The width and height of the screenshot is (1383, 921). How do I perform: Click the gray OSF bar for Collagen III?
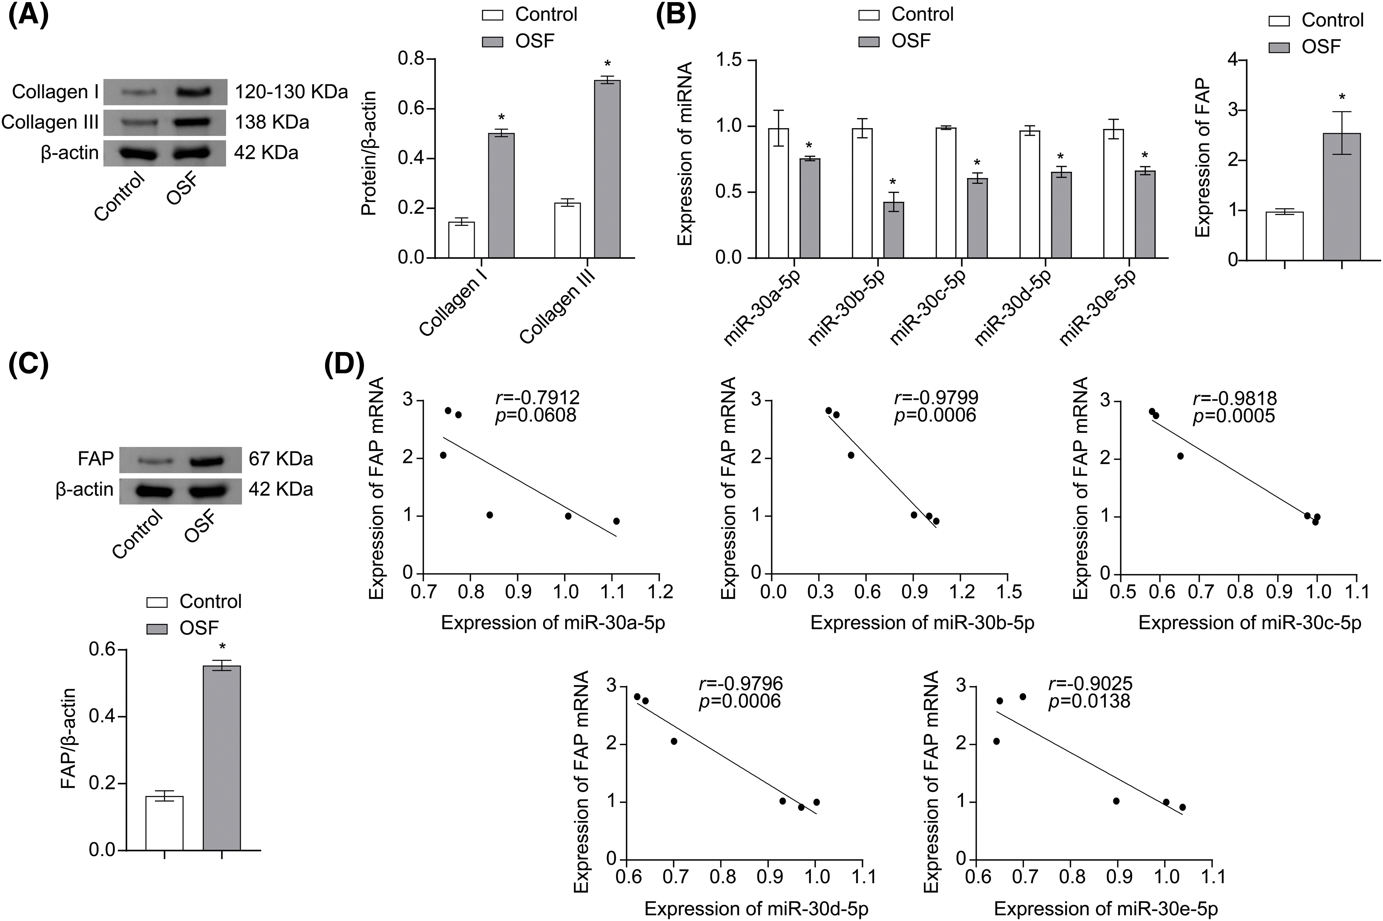pyautogui.click(x=607, y=169)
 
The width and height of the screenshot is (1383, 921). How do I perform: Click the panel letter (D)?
pyautogui.click(x=344, y=364)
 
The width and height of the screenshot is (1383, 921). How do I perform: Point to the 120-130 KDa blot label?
pyautogui.click(x=291, y=92)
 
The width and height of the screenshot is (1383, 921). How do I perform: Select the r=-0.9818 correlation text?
pyautogui.click(x=1234, y=399)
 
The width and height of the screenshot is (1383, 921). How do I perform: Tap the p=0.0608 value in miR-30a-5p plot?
pyautogui.click(x=536, y=415)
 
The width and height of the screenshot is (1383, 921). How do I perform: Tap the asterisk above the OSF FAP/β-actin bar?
pyautogui.click(x=222, y=647)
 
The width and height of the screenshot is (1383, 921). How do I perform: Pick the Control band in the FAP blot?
pyautogui.click(x=154, y=459)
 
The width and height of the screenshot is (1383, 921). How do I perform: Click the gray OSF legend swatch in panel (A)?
pyautogui.click(x=492, y=41)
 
